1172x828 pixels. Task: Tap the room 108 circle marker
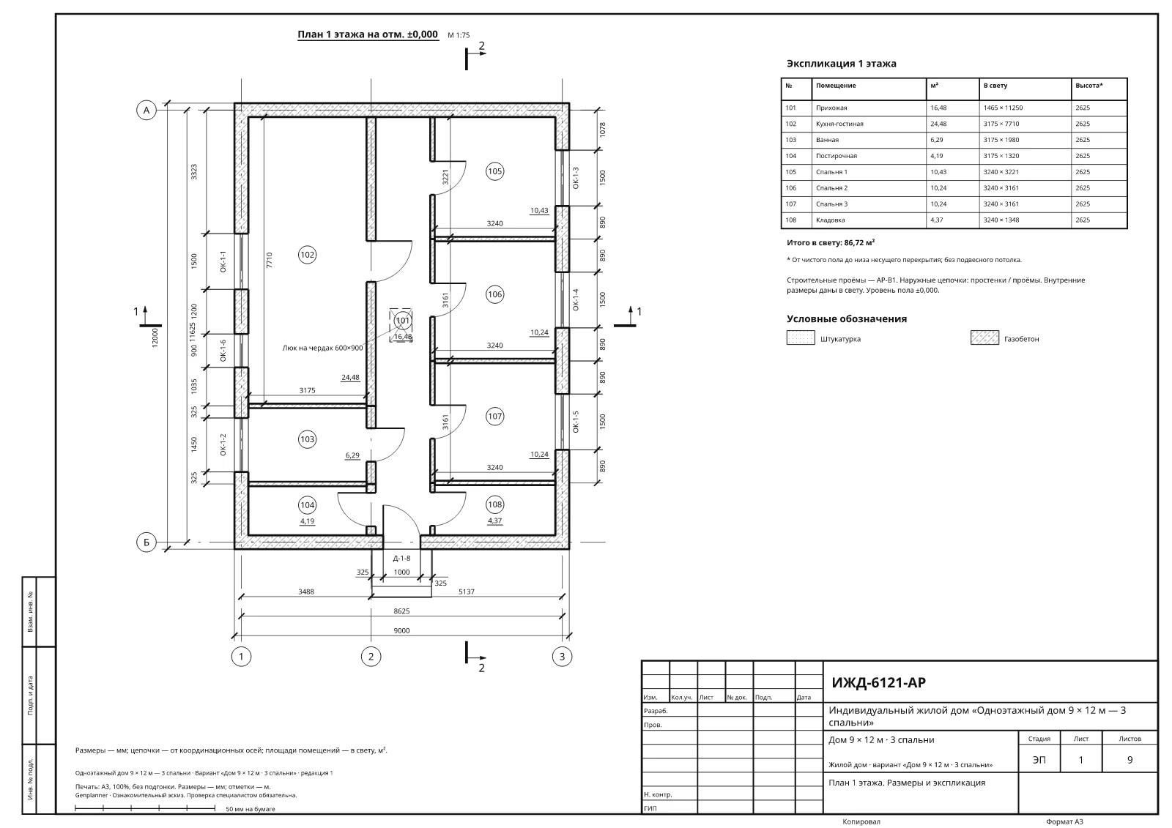pyautogui.click(x=495, y=504)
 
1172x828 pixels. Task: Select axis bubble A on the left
pyautogui.click(x=146, y=111)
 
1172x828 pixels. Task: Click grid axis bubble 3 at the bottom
pyautogui.click(x=562, y=657)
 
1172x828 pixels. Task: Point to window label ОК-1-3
pyautogui.click(x=576, y=178)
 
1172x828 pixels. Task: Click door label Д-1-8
pyautogui.click(x=402, y=558)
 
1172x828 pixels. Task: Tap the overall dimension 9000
pyautogui.click(x=402, y=631)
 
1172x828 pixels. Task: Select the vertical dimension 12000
pyautogui.click(x=155, y=337)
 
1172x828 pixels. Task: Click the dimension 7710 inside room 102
pyautogui.click(x=270, y=260)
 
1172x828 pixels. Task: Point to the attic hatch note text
pyautogui.click(x=322, y=348)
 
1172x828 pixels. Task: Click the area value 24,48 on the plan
pyautogui.click(x=350, y=377)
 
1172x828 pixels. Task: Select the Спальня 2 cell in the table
pyautogui.click(x=831, y=187)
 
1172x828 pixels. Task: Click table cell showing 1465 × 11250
pyautogui.click(x=1003, y=108)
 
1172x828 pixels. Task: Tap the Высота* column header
pyautogui.click(x=1088, y=85)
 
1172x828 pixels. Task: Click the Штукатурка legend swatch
pyautogui.click(x=801, y=338)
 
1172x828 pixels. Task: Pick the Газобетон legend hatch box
pyautogui.click(x=984, y=338)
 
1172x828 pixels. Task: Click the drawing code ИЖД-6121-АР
pyautogui.click(x=878, y=682)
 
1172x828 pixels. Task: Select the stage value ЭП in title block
pyautogui.click(x=1039, y=759)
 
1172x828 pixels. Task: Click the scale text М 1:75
pyautogui.click(x=459, y=35)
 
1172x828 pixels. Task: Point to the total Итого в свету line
pyautogui.click(x=831, y=243)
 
